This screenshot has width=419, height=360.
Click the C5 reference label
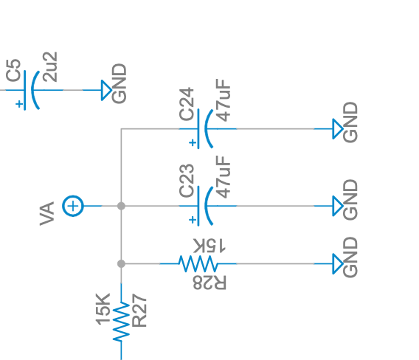[x=13, y=70]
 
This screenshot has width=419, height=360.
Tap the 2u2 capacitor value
[x=50, y=67]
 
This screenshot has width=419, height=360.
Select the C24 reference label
[x=187, y=104]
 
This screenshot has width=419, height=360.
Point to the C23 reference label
[x=187, y=181]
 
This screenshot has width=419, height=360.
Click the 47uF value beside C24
[x=223, y=100]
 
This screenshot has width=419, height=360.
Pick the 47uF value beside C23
[x=223, y=177]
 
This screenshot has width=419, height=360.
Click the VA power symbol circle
[x=73, y=206]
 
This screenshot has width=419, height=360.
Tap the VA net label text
[x=47, y=214]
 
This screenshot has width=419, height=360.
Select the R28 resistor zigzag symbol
[x=198, y=264]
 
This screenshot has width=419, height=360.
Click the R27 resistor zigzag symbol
[x=121, y=322]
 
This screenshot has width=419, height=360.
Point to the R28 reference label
[x=209, y=283]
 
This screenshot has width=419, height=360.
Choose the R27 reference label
[x=139, y=311]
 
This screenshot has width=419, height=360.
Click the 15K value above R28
[x=209, y=246]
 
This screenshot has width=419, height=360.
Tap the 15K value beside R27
[x=103, y=309]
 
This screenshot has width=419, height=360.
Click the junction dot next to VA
[x=121, y=206]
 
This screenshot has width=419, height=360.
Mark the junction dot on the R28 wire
[x=121, y=264]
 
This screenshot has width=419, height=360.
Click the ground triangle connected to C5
[x=106, y=90]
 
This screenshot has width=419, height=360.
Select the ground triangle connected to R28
[x=338, y=264]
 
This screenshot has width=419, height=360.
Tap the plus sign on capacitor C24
[x=193, y=143]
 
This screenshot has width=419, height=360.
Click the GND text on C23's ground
[x=350, y=200]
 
